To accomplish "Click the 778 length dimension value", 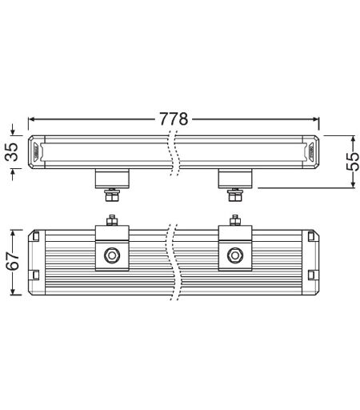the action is (174, 119).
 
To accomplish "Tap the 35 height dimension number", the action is (12, 151).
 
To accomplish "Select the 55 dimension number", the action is (353, 162).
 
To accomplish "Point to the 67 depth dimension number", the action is (13, 262).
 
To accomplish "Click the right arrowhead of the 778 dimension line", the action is (315, 119).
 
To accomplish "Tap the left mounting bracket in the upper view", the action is (112, 179).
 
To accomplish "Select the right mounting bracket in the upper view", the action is (235, 179).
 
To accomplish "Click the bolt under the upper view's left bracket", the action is (112, 195).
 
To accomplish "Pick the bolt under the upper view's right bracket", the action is (235, 195).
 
